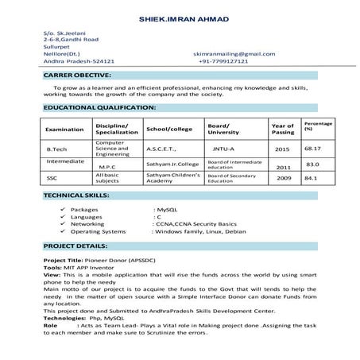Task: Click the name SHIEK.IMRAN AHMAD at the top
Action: point(180,16)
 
